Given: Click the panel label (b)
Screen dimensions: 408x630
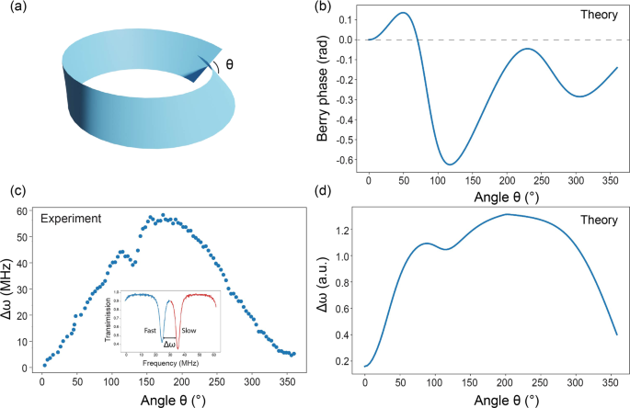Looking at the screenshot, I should [x=325, y=8].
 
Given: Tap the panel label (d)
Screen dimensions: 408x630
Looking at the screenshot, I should [x=325, y=192].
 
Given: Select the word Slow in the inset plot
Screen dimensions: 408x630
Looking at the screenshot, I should [x=187, y=328].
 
